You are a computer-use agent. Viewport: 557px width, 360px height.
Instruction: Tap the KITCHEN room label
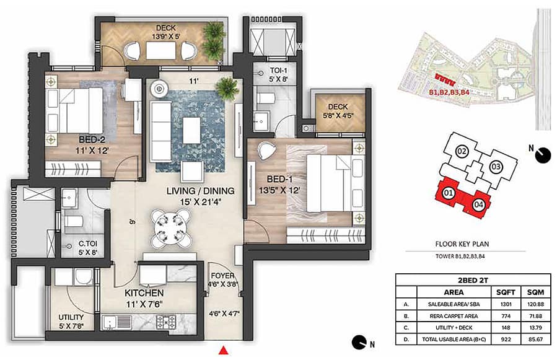click(x=144, y=293)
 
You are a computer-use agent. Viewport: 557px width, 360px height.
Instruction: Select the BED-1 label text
click(x=279, y=179)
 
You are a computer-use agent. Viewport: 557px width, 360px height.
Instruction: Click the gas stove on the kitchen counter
click(x=166, y=322)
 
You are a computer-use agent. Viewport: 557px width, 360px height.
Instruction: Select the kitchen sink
click(x=117, y=322)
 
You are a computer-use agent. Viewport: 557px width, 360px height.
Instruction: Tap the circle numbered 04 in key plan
click(x=478, y=204)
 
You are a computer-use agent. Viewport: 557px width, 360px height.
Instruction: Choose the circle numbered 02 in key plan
click(x=462, y=151)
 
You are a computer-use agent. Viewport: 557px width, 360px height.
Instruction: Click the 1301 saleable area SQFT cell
click(x=506, y=304)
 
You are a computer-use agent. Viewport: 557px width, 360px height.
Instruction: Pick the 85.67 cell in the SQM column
click(x=535, y=339)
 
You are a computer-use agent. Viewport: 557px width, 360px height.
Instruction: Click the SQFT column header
click(x=506, y=292)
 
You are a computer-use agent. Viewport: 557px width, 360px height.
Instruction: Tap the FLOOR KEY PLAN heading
click(x=462, y=244)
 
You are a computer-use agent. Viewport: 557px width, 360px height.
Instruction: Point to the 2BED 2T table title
click(x=473, y=280)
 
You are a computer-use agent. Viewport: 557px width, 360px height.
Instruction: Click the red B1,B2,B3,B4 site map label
click(x=449, y=92)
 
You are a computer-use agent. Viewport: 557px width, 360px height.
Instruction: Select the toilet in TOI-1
click(x=265, y=98)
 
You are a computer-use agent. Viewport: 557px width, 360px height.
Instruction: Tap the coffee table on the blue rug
click(x=192, y=130)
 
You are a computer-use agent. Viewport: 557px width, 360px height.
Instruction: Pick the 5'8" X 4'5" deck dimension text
click(x=338, y=115)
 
